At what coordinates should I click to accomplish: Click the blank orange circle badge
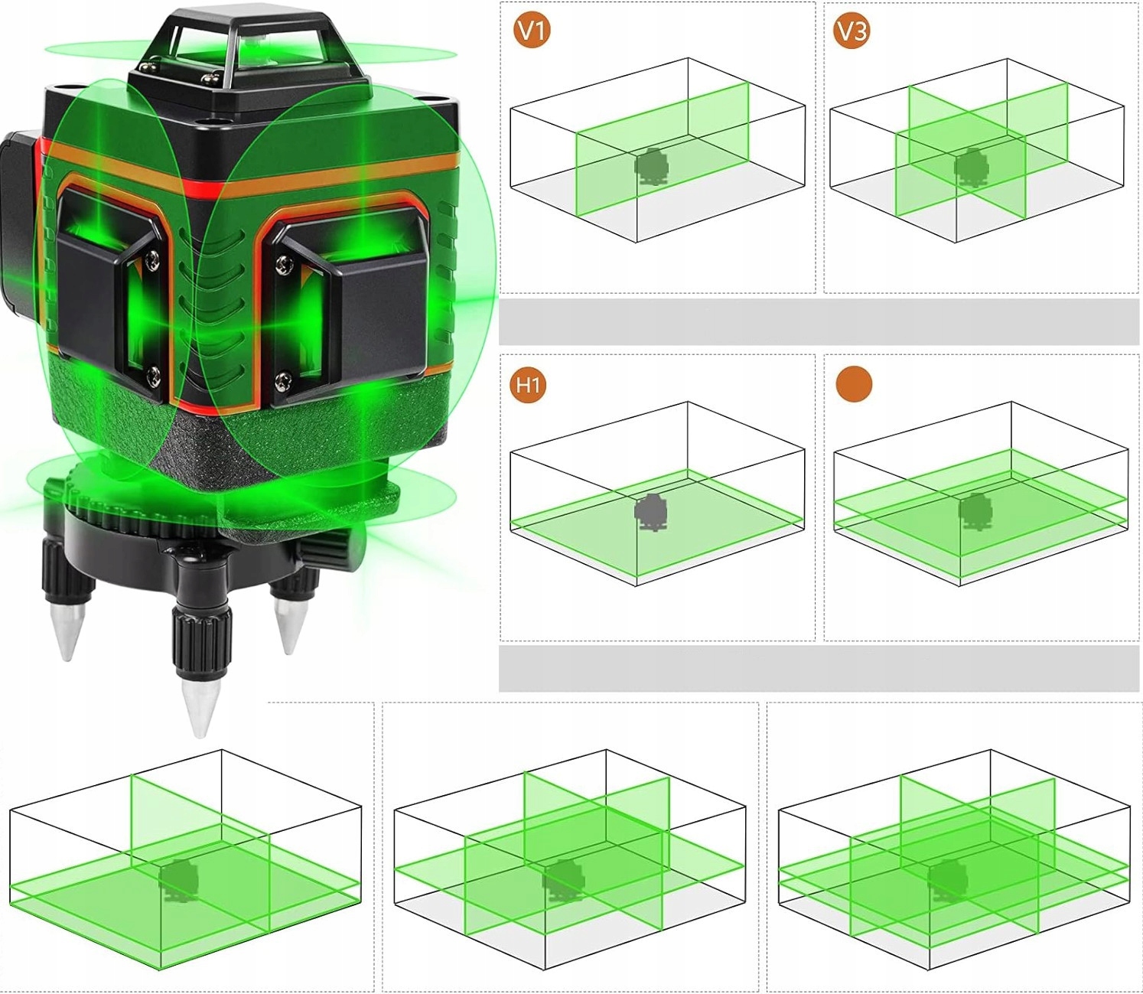tap(854, 384)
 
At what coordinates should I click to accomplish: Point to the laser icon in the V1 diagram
tap(651, 167)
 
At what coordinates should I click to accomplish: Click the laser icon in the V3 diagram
tap(972, 167)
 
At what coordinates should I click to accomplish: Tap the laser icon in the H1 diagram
tap(652, 513)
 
